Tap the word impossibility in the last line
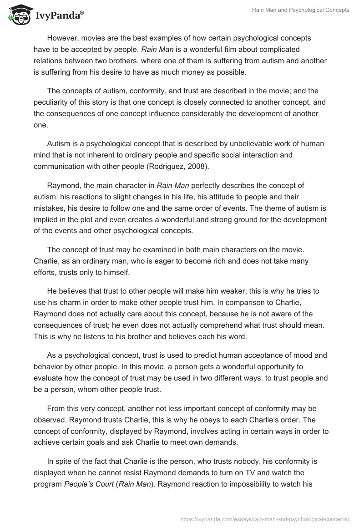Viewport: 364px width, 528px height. pos(238,484)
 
